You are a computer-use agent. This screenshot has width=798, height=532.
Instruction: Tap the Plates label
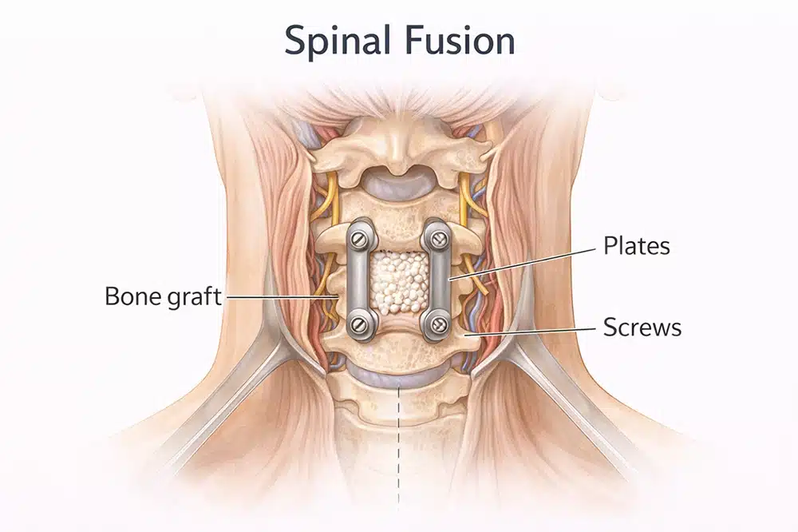click(636, 246)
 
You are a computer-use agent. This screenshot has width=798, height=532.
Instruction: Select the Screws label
click(642, 327)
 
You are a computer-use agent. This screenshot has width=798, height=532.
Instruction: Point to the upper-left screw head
click(357, 237)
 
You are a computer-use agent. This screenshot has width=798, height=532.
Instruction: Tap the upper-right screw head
click(437, 237)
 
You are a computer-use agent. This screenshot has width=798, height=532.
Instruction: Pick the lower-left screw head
click(357, 324)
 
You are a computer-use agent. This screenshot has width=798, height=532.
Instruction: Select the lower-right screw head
click(437, 325)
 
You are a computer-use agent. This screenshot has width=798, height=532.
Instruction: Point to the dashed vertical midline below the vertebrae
click(398, 447)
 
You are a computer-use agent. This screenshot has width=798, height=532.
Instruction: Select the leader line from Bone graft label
click(279, 296)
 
